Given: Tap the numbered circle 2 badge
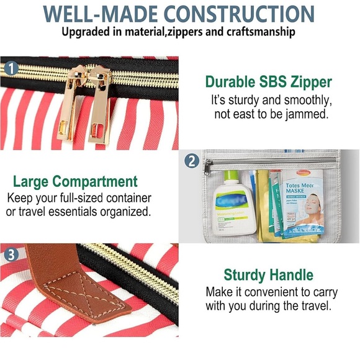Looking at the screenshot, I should coord(192,161).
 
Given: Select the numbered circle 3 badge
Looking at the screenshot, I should coord(11,254).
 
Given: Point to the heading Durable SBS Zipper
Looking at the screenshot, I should coord(268,81).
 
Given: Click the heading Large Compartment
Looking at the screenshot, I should coord(75,182).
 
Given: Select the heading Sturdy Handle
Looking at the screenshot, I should coord(268,274).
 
